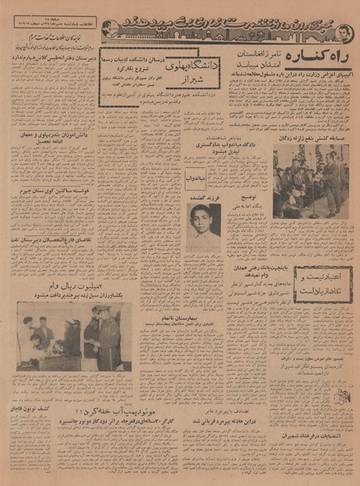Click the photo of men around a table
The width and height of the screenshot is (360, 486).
pos(68,335)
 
